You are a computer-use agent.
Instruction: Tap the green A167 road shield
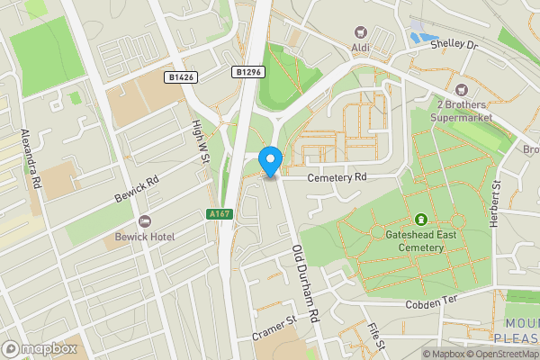tap(219, 213)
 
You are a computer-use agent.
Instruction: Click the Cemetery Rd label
tap(337, 178)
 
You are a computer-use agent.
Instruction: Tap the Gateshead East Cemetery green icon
tap(420, 219)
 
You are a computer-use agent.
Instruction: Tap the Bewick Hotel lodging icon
tap(143, 222)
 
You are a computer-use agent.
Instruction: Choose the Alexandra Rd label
tap(32, 158)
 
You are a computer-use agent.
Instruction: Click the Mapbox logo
tap(39, 347)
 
